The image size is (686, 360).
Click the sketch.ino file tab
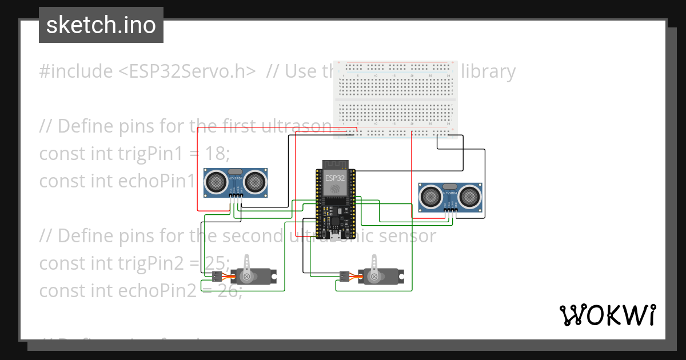click(x=101, y=25)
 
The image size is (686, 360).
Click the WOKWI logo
click(x=607, y=315)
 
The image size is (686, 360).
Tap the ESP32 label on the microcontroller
click(x=334, y=178)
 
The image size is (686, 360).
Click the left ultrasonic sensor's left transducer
click(x=217, y=182)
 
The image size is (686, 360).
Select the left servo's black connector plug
click(x=216, y=277)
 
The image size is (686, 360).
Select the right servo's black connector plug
click(x=343, y=277)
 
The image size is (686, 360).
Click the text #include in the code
click(x=76, y=71)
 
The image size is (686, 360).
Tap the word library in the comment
click(x=488, y=71)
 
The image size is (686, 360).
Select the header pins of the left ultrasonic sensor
click(x=236, y=196)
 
